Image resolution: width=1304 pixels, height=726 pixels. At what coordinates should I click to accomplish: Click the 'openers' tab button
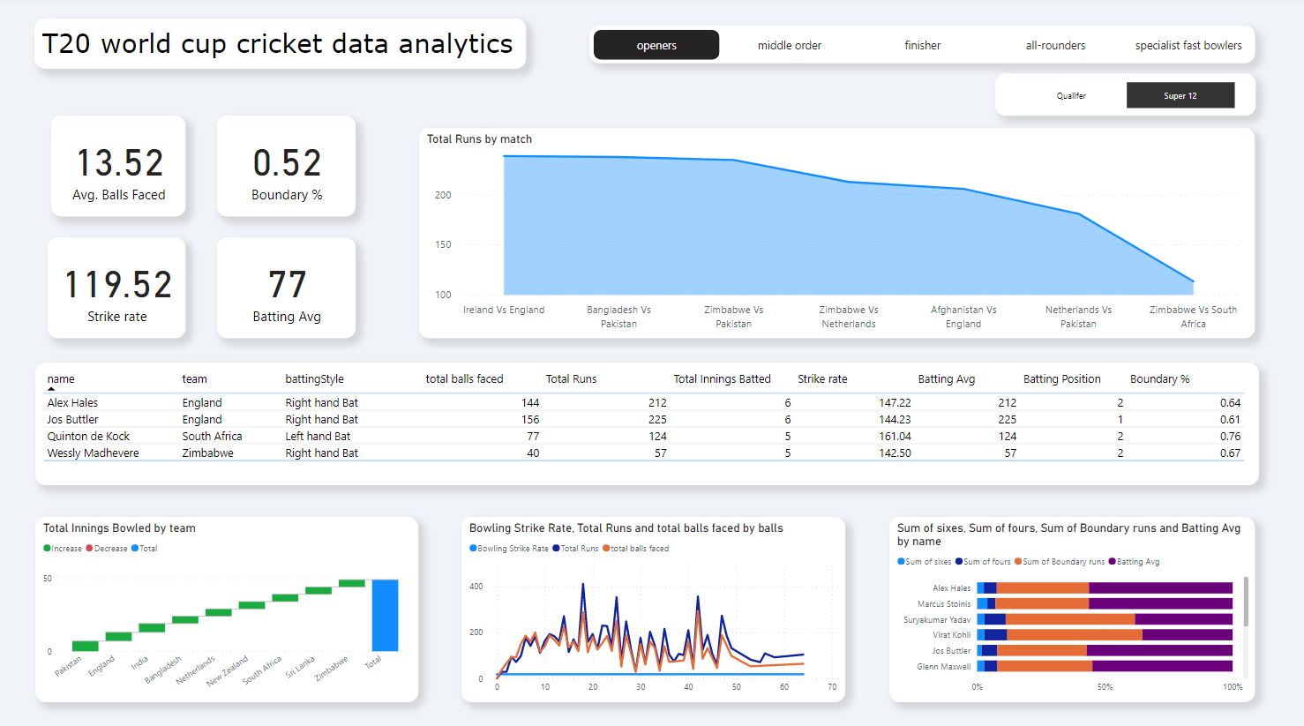click(656, 45)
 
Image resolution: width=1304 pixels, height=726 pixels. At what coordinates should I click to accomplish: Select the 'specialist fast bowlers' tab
click(1188, 45)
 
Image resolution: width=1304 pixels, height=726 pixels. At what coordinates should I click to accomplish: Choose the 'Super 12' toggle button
click(1180, 95)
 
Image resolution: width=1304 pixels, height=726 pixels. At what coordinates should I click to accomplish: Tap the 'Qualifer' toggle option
click(1071, 95)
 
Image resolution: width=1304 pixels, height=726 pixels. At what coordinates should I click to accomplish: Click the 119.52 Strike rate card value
click(118, 285)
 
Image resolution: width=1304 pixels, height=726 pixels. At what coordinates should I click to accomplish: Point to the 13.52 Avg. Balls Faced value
click(120, 163)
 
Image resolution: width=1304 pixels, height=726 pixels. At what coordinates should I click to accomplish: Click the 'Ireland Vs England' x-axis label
click(504, 310)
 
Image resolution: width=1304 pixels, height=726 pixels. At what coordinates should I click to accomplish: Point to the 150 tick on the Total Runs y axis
click(443, 244)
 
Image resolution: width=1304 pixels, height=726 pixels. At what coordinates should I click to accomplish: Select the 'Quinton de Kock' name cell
click(88, 436)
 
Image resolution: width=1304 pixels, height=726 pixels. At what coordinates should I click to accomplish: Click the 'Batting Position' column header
click(1061, 378)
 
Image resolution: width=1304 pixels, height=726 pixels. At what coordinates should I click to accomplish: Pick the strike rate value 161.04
click(895, 436)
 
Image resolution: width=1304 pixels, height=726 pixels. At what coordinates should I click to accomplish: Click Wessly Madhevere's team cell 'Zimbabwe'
click(207, 453)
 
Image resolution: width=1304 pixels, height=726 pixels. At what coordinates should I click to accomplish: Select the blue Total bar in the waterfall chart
click(385, 615)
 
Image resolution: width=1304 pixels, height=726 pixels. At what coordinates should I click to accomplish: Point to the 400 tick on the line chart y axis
click(476, 586)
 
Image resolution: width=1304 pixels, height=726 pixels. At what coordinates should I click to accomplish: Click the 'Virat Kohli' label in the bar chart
click(951, 635)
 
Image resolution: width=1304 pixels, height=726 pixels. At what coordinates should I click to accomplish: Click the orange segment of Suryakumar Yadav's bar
click(1069, 619)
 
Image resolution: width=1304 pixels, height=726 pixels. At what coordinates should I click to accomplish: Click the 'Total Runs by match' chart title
click(479, 139)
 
